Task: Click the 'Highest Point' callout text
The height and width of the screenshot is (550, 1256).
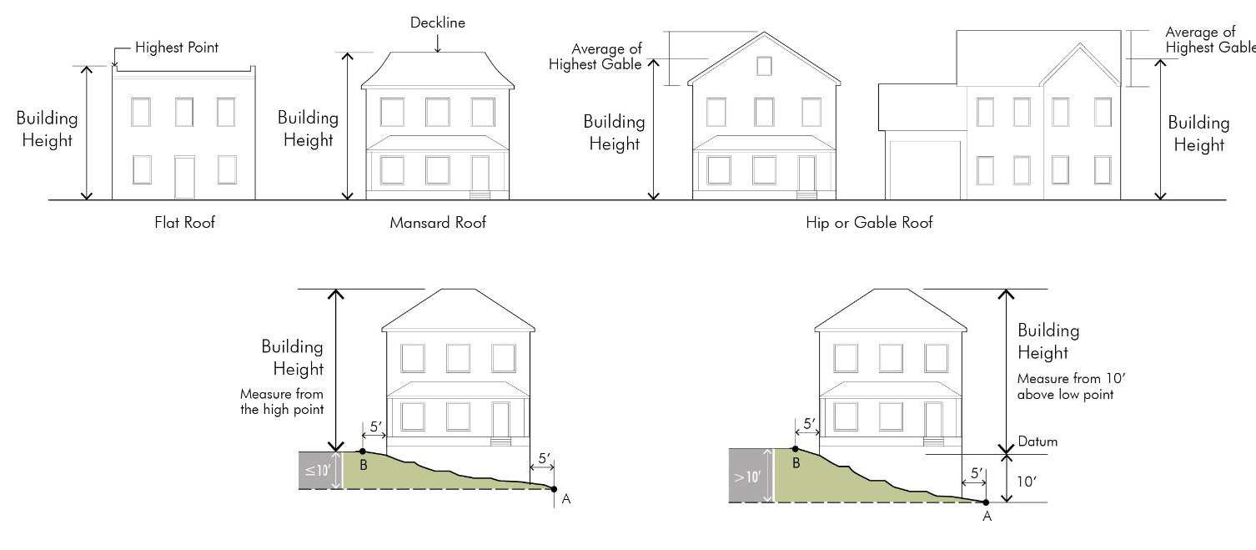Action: tap(177, 48)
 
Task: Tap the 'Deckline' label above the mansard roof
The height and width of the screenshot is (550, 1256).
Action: tap(437, 23)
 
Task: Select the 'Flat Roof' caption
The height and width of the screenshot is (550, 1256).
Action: tap(185, 223)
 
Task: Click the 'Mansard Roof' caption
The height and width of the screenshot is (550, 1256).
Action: tap(438, 223)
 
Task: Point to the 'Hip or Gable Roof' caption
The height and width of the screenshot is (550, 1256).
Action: tap(869, 223)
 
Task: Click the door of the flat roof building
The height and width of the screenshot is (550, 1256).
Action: tap(184, 177)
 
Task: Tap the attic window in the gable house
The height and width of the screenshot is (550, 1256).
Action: tap(764, 66)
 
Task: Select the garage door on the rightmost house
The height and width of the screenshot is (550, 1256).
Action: tap(925, 170)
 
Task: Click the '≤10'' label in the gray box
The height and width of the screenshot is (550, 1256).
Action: tap(318, 470)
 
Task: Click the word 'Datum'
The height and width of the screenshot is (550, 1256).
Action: tap(1037, 442)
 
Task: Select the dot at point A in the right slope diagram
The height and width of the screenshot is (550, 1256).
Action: tap(986, 502)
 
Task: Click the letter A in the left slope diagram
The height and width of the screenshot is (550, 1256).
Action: tap(566, 499)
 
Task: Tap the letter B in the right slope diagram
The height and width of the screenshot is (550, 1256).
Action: tap(796, 463)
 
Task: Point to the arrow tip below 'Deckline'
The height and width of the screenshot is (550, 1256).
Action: tap(437, 51)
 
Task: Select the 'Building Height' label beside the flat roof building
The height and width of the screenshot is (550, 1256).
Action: tap(47, 129)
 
